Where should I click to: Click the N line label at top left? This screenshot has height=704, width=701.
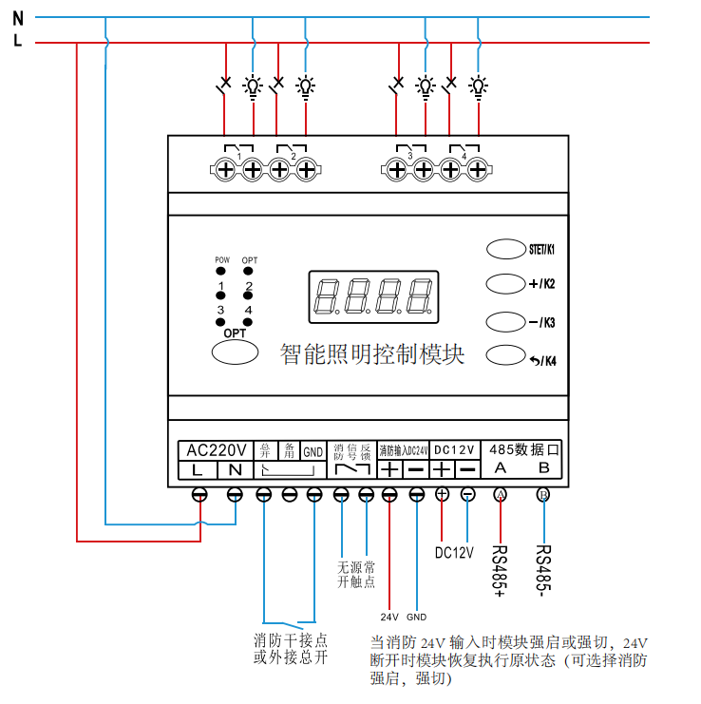tap(17, 16)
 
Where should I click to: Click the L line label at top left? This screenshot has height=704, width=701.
tap(17, 41)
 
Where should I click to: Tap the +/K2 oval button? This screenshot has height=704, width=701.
tap(505, 283)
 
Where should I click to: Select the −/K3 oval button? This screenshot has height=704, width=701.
tap(505, 320)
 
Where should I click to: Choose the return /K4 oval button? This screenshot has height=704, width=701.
tap(505, 356)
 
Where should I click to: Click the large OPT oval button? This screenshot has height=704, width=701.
tap(235, 352)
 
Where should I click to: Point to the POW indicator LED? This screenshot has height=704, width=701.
tap(221, 271)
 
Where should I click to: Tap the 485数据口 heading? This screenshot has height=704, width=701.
tap(524, 448)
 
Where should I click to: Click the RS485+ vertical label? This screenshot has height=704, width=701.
tap(500, 571)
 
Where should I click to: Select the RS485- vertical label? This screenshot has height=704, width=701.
tap(543, 569)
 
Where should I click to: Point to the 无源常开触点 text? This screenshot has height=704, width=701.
tap(356, 575)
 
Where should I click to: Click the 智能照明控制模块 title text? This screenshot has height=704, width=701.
tap(372, 354)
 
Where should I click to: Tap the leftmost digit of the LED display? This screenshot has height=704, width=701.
tap(326, 295)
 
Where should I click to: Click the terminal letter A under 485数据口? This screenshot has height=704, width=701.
tap(501, 469)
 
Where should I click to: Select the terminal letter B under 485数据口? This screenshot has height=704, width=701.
tap(543, 469)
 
